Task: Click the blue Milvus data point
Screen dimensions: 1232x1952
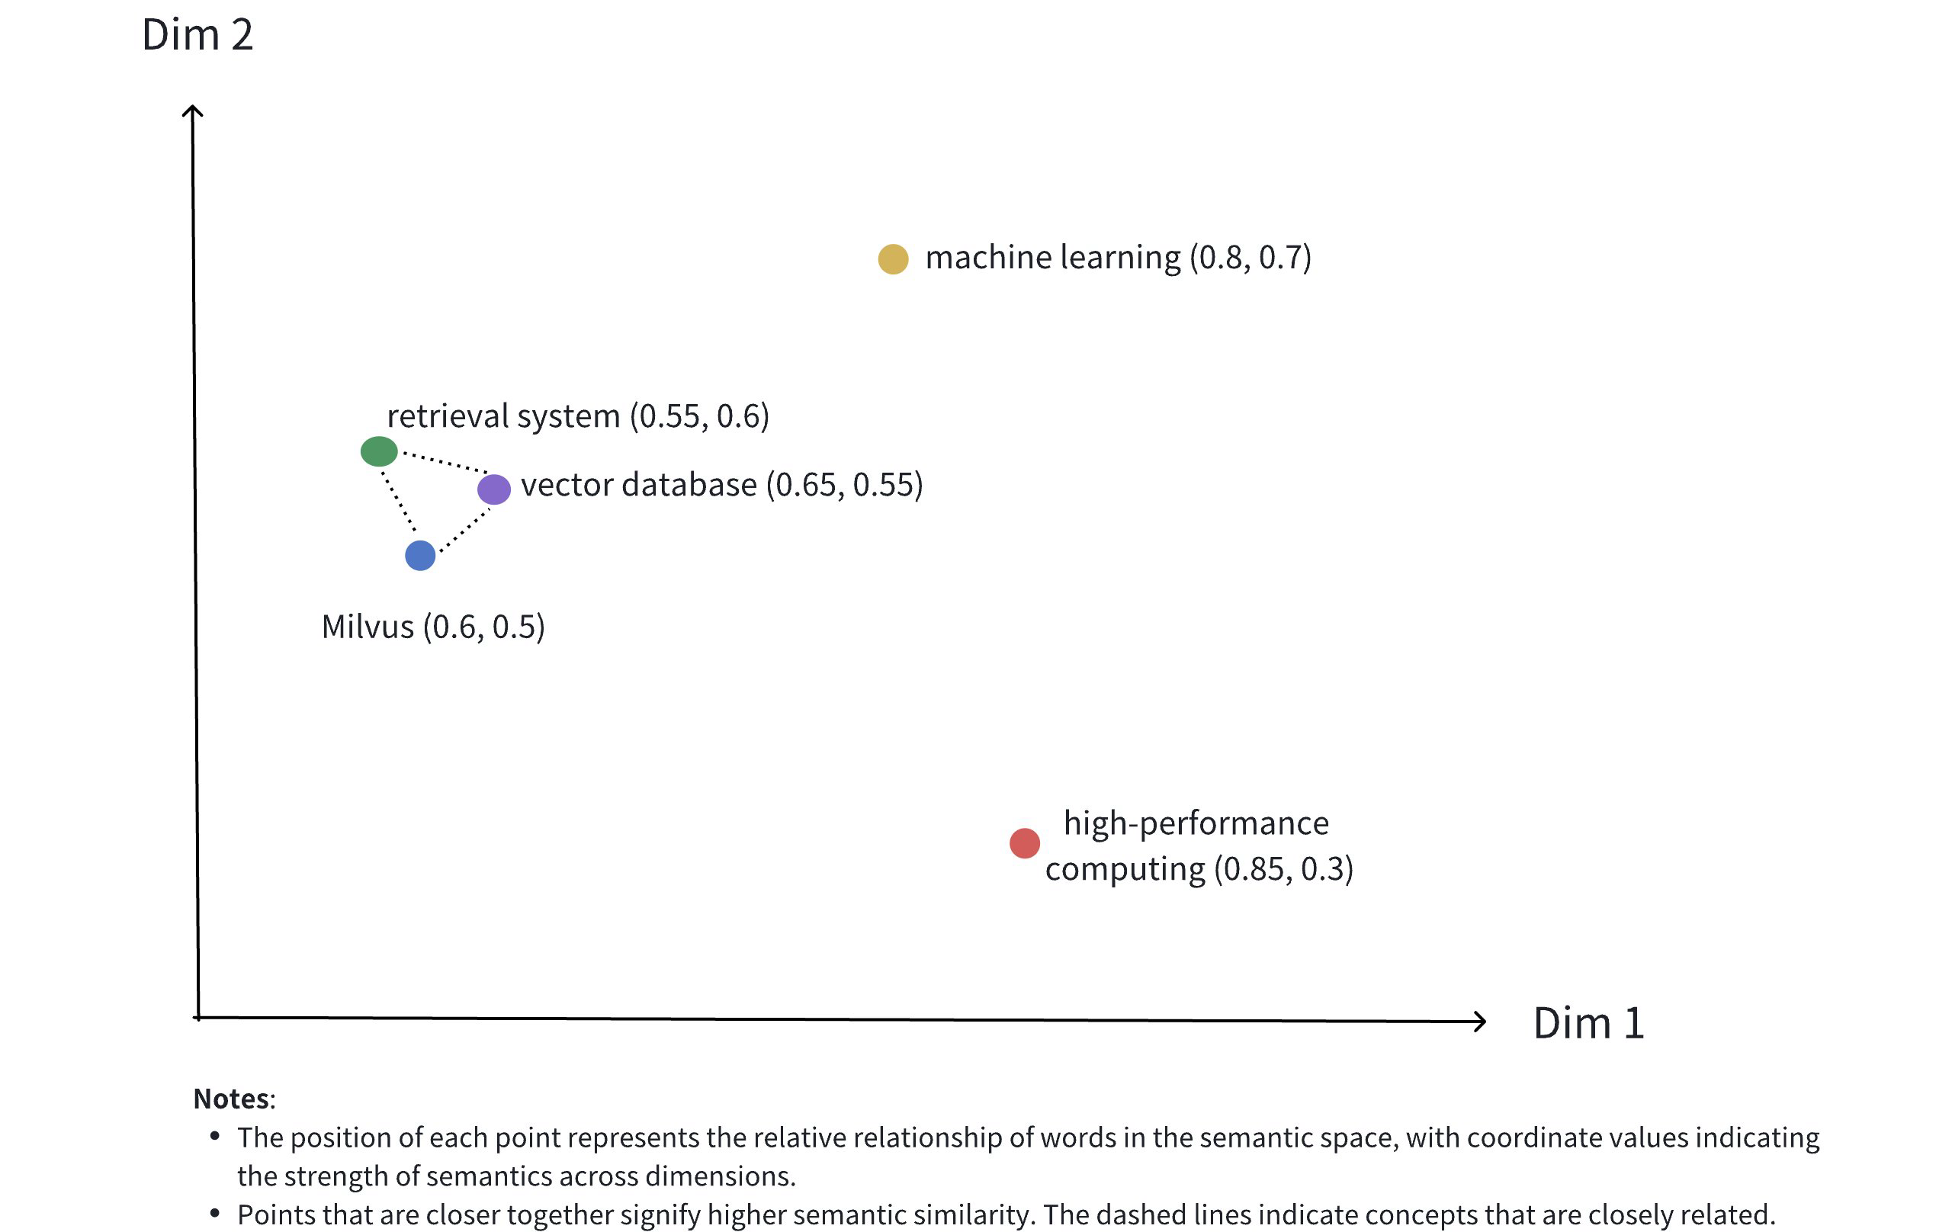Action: [420, 555]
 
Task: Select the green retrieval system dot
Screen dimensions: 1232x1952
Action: [378, 451]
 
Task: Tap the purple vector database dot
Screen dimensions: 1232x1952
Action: [493, 489]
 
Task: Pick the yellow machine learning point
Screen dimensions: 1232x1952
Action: [892, 258]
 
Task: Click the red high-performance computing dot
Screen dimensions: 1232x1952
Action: [1024, 843]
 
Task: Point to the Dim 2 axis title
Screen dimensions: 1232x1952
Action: [197, 35]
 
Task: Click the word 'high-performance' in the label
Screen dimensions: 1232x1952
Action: [1196, 823]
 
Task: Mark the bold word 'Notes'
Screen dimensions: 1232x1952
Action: [232, 1099]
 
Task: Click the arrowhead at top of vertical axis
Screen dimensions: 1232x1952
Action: [192, 111]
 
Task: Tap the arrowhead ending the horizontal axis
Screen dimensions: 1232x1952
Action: [1479, 1022]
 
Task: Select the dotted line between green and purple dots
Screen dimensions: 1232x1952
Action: [445, 461]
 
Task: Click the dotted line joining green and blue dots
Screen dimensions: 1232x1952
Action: [399, 502]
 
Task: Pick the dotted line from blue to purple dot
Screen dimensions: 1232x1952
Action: [464, 531]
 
